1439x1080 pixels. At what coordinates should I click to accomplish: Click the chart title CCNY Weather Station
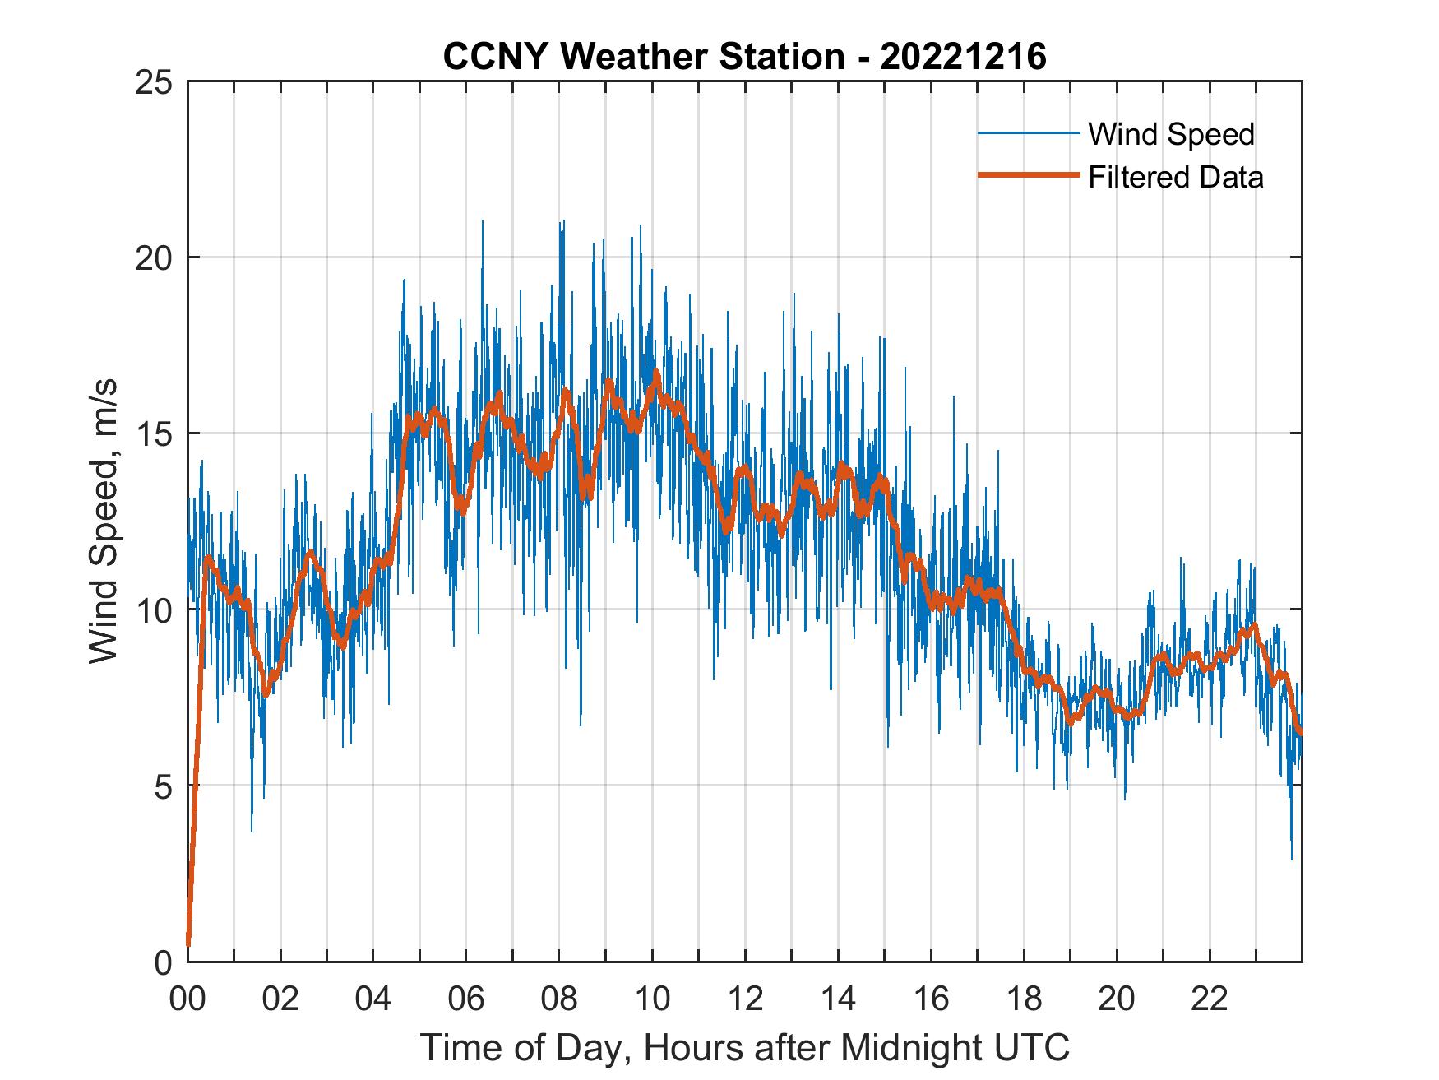pyautogui.click(x=643, y=57)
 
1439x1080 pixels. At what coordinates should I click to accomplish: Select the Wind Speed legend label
pyautogui.click(x=1171, y=134)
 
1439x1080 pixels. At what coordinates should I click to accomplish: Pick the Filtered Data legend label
pyautogui.click(x=1175, y=177)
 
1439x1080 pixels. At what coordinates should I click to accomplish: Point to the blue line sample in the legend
pyautogui.click(x=1028, y=133)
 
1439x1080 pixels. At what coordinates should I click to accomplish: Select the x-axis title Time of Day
pyautogui.click(x=744, y=1047)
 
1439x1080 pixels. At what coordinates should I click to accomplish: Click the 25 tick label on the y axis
pyautogui.click(x=154, y=82)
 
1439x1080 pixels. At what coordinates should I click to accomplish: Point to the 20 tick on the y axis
pyautogui.click(x=154, y=257)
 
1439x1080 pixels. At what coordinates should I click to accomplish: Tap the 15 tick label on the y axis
pyautogui.click(x=154, y=433)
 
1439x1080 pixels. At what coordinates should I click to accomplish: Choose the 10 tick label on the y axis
pyautogui.click(x=154, y=610)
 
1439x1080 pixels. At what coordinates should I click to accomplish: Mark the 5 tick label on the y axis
pyautogui.click(x=163, y=786)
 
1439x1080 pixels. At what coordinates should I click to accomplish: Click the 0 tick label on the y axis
pyautogui.click(x=163, y=962)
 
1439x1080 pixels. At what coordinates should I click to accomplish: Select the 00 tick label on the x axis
pyautogui.click(x=188, y=999)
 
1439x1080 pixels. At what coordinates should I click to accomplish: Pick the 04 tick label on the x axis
pyautogui.click(x=373, y=999)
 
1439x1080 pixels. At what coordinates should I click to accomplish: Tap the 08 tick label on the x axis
pyautogui.click(x=559, y=999)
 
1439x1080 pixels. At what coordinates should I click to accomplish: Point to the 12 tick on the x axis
pyautogui.click(x=745, y=999)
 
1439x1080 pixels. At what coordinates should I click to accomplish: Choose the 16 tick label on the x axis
pyautogui.click(x=931, y=999)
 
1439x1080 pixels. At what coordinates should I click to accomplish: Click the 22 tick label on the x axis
pyautogui.click(x=1210, y=999)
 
